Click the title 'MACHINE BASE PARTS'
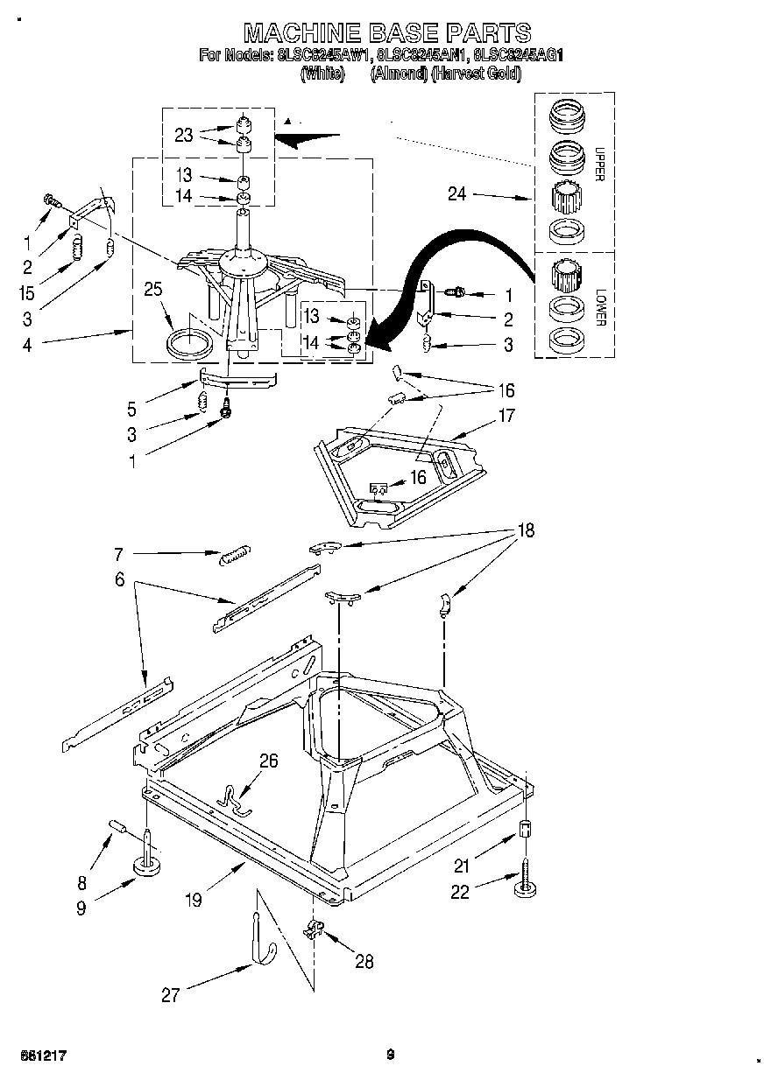[386, 33]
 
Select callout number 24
[457, 194]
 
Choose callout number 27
[170, 994]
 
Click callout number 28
[364, 962]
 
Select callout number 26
[268, 761]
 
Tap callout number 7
[118, 553]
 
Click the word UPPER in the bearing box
[599, 162]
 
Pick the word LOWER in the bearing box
[599, 306]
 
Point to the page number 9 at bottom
[392, 1055]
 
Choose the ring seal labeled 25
[190, 341]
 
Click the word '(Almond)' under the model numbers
[400, 74]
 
